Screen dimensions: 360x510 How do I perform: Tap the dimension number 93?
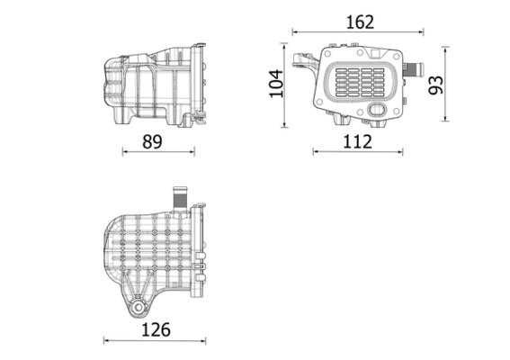[436, 85]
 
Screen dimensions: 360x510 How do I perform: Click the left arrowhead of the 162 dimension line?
[294, 33]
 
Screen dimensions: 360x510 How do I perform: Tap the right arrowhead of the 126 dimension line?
[207, 340]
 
